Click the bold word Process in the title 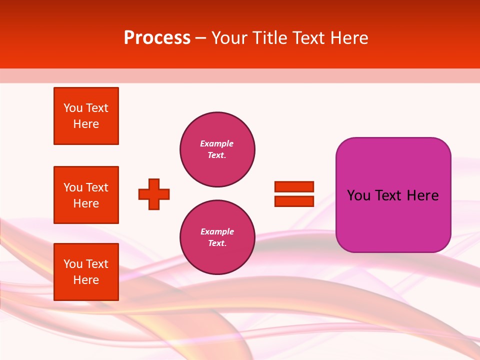[x=157, y=38]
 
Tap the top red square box [x=86, y=116]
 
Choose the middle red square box [x=86, y=195]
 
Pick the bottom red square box [x=86, y=272]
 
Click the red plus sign [x=154, y=194]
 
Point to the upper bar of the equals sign [x=294, y=186]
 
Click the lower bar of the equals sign [x=294, y=201]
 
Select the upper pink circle [x=217, y=149]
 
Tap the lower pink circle [x=217, y=237]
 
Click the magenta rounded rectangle [x=393, y=195]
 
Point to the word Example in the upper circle [x=216, y=143]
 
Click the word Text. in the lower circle [x=217, y=243]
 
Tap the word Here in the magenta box [x=423, y=195]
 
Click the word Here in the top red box [x=86, y=124]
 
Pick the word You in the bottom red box [x=73, y=264]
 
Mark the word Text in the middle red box [x=96, y=187]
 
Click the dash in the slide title [x=200, y=38]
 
